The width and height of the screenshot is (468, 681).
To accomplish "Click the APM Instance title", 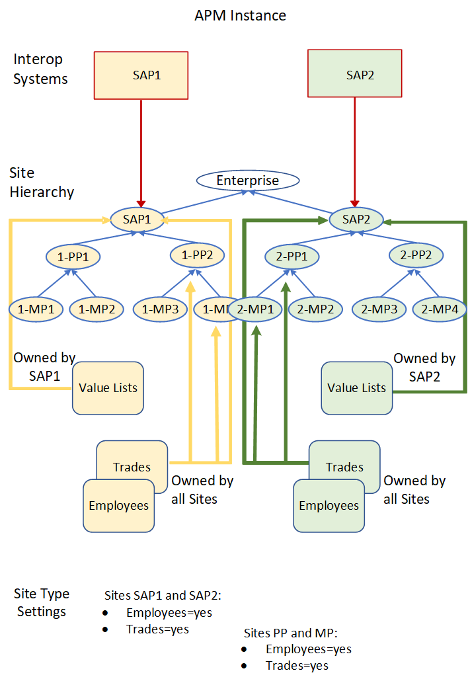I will (241, 15).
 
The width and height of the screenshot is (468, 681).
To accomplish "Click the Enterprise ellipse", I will (248, 180).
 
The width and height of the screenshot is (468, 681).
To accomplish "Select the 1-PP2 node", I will (197, 254).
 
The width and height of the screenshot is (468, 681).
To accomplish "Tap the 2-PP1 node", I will (292, 256).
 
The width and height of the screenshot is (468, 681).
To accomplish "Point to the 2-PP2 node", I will (416, 254).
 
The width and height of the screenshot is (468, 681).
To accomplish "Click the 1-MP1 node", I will (36, 309).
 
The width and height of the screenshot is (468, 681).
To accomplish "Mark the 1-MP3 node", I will (160, 309).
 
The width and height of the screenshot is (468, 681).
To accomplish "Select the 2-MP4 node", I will (440, 309).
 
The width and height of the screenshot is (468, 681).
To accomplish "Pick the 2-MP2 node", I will (315, 309).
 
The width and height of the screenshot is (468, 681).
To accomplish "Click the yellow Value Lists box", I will (108, 388).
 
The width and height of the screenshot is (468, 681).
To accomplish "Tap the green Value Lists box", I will (357, 388).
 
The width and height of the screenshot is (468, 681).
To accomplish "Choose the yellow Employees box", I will (118, 506).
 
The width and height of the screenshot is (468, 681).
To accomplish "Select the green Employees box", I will (329, 506).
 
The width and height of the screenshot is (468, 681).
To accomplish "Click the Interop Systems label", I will (40, 69).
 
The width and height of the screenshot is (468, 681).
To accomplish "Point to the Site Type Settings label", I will (42, 602).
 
